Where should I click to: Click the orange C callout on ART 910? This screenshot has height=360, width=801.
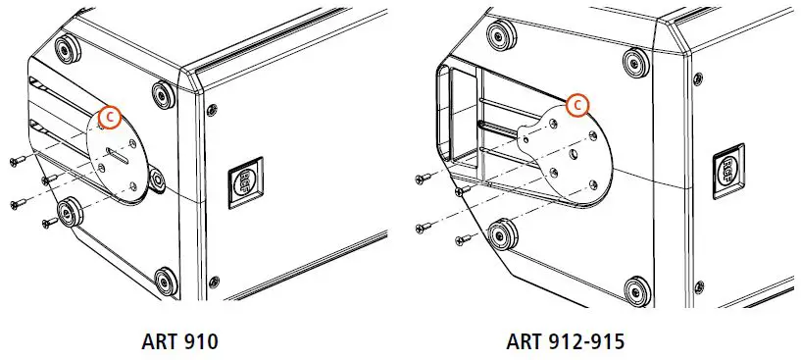tap(111, 117)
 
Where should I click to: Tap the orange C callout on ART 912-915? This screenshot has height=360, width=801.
tap(578, 104)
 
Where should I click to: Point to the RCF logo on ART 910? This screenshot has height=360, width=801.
tap(242, 182)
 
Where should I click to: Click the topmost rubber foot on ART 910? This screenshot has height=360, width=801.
tap(70, 50)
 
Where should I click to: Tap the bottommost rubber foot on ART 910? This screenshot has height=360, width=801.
tap(166, 282)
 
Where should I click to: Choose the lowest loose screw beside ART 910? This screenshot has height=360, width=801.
tap(45, 224)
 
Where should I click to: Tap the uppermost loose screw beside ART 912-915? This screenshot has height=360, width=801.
tap(422, 179)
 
